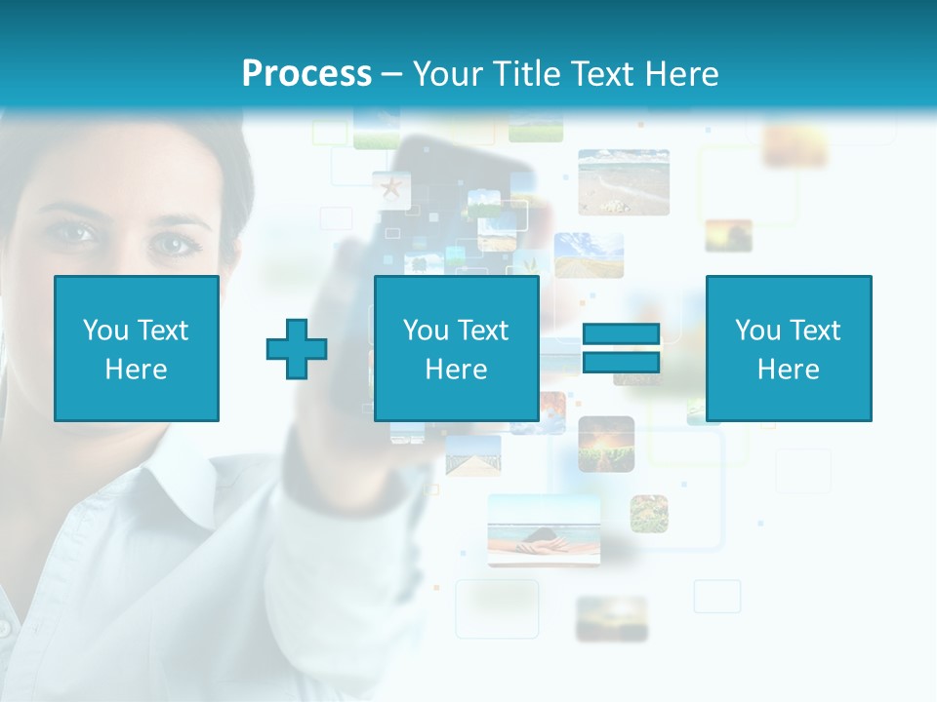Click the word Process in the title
click(x=306, y=73)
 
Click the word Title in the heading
click(x=525, y=73)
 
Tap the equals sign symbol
click(x=621, y=348)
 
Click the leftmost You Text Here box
click(x=137, y=348)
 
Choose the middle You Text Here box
click(x=456, y=348)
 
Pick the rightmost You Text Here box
click(x=788, y=348)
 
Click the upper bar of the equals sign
click(x=621, y=334)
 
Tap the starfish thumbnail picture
click(x=391, y=188)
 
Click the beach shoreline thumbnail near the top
click(x=623, y=181)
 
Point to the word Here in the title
click(x=681, y=73)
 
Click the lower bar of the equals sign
click(x=621, y=363)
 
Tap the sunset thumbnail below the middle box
click(x=606, y=444)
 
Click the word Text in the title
click(x=602, y=73)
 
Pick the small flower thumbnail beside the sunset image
click(x=649, y=514)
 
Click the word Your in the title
click(x=447, y=73)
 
